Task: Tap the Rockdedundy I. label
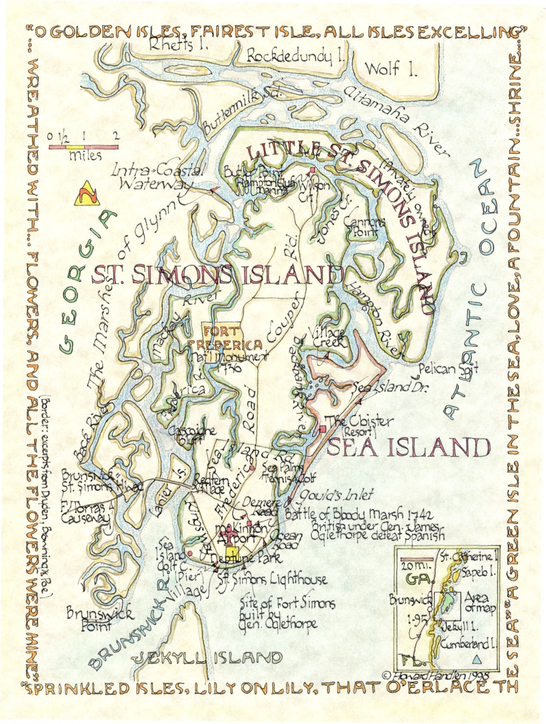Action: (295, 57)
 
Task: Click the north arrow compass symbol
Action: (87, 195)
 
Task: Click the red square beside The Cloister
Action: (323, 429)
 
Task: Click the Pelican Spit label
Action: (448, 369)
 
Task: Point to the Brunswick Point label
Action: (100, 619)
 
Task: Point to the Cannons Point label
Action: (364, 226)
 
